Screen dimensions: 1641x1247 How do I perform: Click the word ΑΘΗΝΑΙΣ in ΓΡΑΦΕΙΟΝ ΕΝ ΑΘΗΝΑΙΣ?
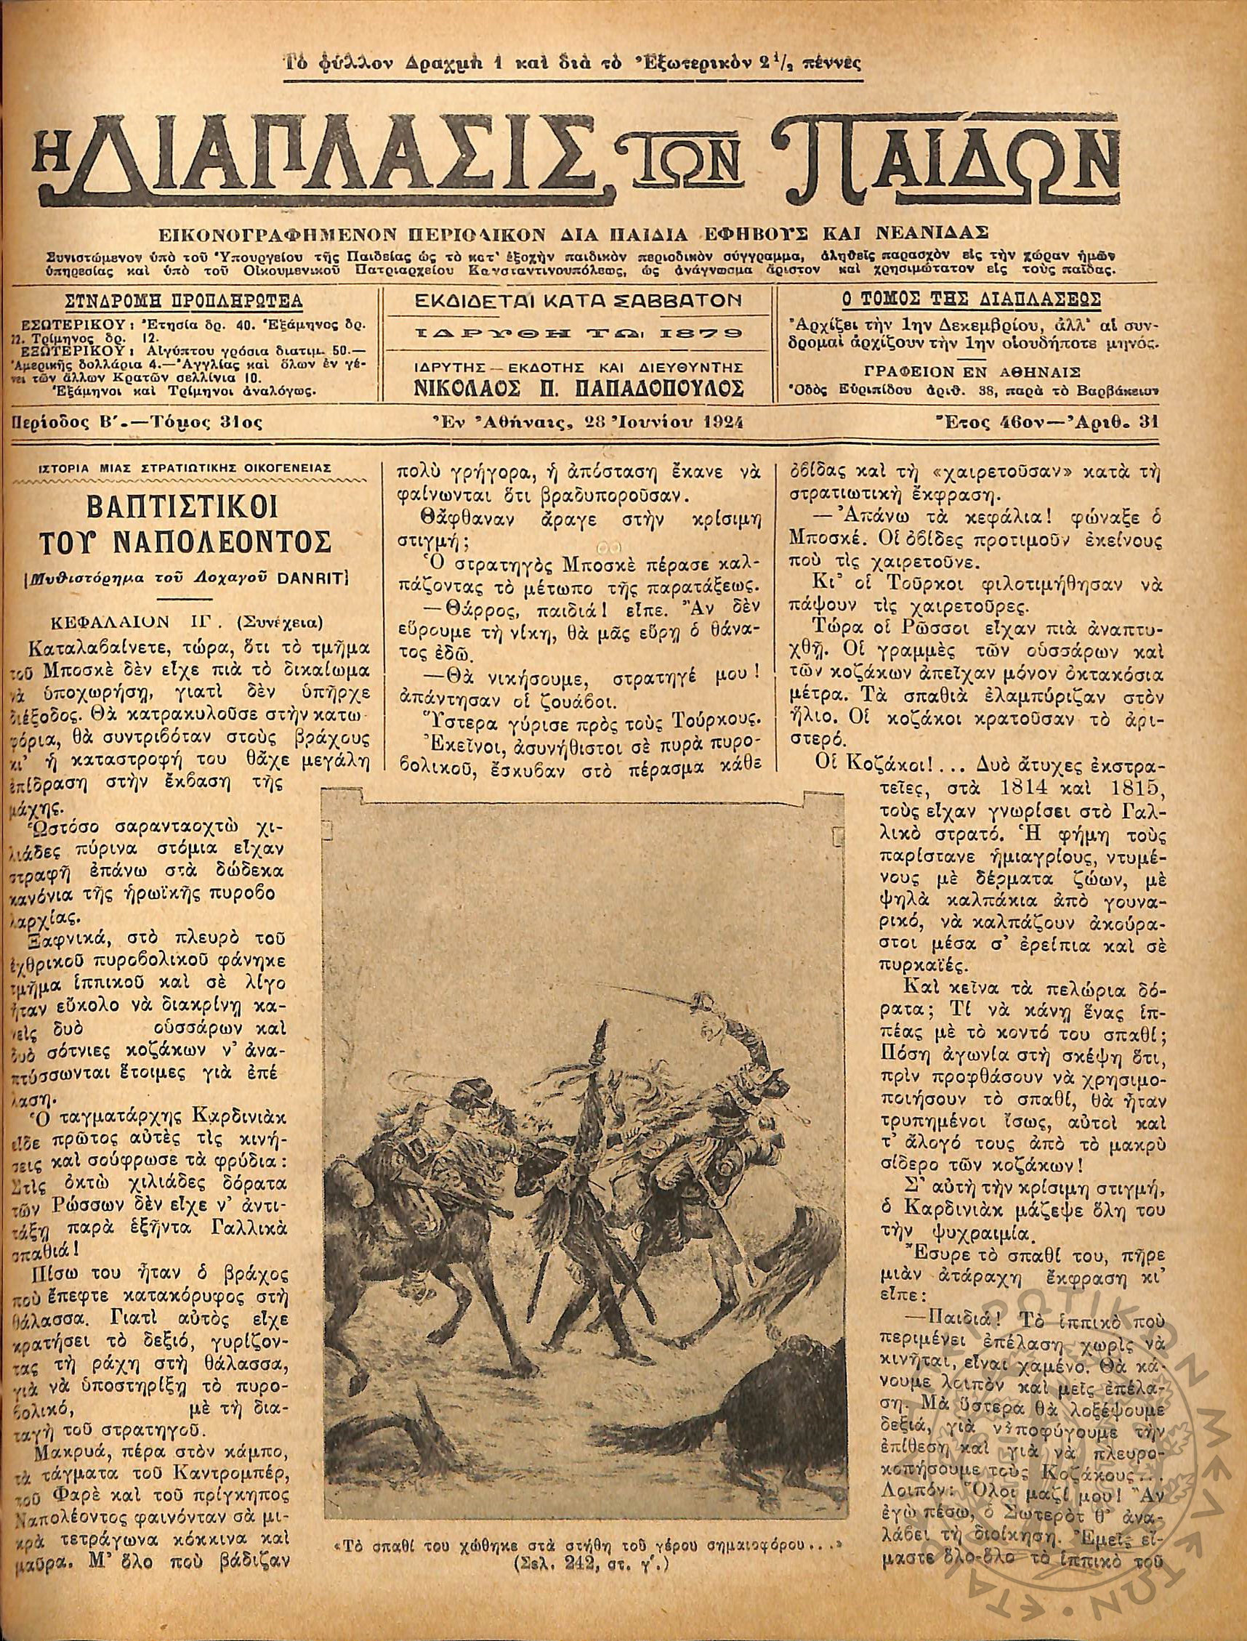tap(1042, 371)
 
